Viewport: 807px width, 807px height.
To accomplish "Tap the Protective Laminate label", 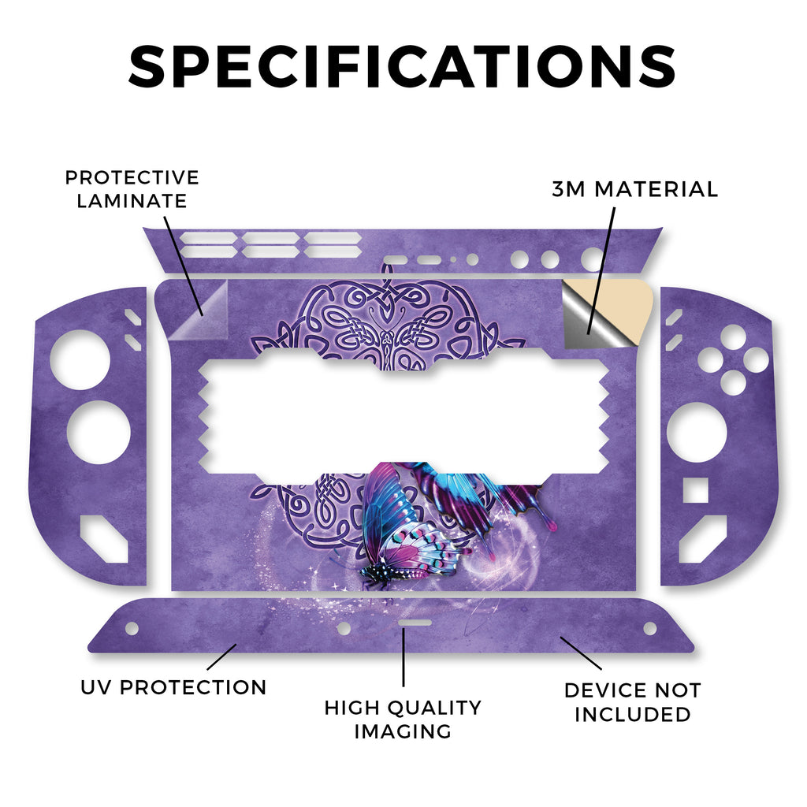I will coord(132,189).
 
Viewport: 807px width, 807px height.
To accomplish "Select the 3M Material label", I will coord(634,189).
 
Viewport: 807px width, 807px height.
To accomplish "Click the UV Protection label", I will coord(173,687).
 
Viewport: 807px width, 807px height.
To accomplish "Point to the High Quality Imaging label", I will coord(403,719).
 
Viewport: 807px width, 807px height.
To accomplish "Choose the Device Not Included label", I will coord(632,702).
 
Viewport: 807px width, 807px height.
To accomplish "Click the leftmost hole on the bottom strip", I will coord(132,628).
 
